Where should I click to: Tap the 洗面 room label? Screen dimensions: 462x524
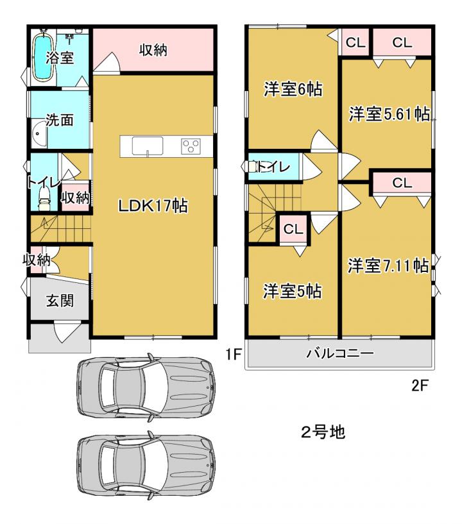coord(60,120)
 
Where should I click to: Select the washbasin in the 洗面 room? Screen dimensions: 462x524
coord(39,134)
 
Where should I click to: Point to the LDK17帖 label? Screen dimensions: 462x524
coord(153,205)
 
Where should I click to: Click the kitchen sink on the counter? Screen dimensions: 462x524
coord(148,146)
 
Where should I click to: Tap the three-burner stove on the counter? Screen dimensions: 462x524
coord(191,146)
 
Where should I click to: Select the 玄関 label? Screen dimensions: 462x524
coord(60,300)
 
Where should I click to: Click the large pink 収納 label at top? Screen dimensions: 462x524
coord(153,50)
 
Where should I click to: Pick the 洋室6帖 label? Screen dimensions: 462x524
coord(293,89)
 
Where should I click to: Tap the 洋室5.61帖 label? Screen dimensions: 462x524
coord(389,114)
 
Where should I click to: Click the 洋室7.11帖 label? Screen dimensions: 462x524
coord(388,266)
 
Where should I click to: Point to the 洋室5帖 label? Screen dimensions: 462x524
coord(292,291)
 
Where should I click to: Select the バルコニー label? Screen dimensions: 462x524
coord(340,353)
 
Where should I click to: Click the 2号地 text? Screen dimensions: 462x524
coord(323,432)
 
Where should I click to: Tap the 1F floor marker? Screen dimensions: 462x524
coord(233,354)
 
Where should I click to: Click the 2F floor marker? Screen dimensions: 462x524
coord(420,385)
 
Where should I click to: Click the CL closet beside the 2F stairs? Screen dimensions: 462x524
coord(293,229)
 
